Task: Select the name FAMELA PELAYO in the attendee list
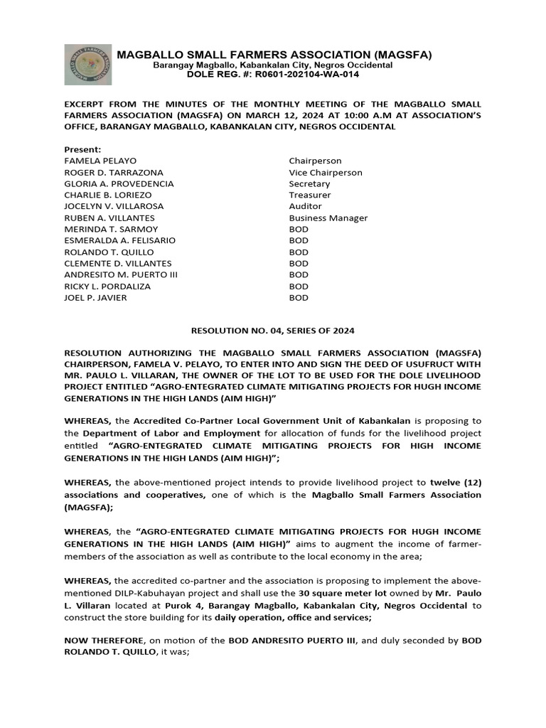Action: (x=100, y=161)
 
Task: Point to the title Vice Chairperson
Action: (x=326, y=173)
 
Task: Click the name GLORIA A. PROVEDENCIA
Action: (x=119, y=184)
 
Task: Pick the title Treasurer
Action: (x=310, y=195)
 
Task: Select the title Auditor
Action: (x=306, y=206)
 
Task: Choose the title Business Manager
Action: (x=328, y=218)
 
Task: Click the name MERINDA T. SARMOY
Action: (x=111, y=229)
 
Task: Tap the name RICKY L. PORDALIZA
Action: (x=109, y=286)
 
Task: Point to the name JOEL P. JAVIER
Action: (x=96, y=297)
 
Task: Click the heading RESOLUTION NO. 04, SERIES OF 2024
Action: (x=273, y=331)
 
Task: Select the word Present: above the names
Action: (x=83, y=150)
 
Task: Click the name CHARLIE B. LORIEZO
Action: (x=108, y=195)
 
